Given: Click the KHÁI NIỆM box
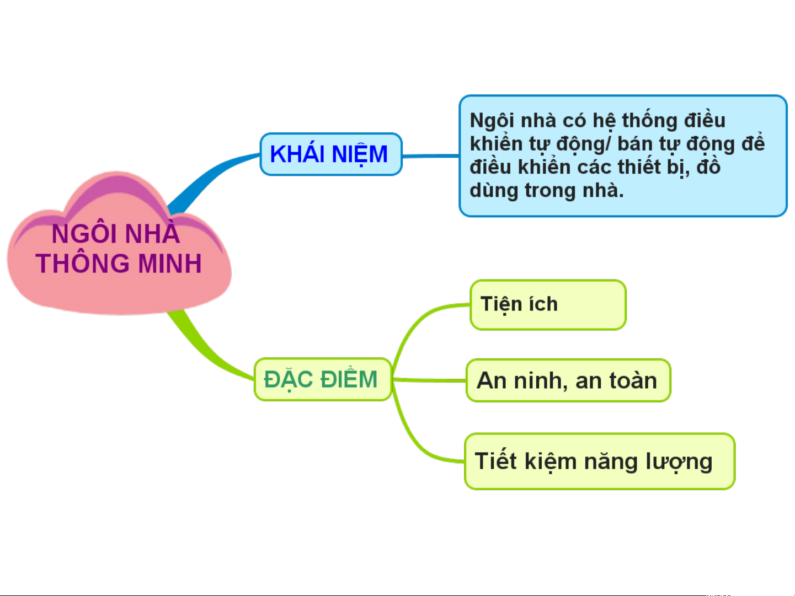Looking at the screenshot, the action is pos(331,154).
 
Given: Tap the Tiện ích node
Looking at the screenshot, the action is pos(548,305).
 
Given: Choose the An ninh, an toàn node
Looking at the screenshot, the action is pos(568,380).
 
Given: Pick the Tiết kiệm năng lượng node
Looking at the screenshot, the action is pos(600,461).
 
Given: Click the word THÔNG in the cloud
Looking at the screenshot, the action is pos(83,263).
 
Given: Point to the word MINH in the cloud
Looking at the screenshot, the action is pos(169,263).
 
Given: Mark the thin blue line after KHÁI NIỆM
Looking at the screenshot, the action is pos(431,156).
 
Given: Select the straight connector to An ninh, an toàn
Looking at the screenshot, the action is pos(429,380).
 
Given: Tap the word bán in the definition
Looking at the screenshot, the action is pos(635,144).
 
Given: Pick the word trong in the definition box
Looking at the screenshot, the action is pos(550,191).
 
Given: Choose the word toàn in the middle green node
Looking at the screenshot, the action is pos(633,380).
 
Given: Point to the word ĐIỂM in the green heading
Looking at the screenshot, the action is pos(349,379).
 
